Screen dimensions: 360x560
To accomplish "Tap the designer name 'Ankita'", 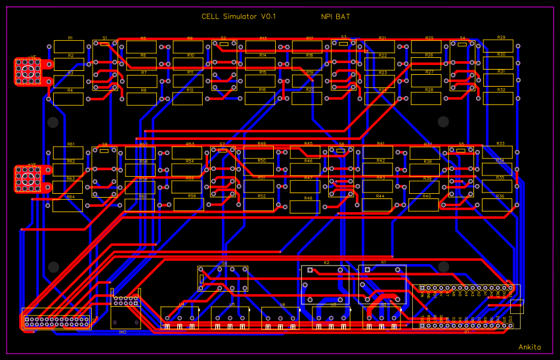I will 530,347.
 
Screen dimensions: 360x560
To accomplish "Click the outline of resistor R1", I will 70,47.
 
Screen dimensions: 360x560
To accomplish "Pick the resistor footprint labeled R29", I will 500,46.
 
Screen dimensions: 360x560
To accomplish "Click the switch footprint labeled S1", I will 105,66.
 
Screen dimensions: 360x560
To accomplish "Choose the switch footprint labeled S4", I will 462,66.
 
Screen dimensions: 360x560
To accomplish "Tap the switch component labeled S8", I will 104,172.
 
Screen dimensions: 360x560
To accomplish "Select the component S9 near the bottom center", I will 223,279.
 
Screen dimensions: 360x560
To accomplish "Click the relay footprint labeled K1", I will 383,284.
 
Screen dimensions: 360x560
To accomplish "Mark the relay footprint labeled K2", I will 326,284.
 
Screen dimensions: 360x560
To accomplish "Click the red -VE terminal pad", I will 28,72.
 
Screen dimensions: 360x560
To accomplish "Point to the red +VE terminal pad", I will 28,179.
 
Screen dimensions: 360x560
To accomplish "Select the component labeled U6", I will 280,317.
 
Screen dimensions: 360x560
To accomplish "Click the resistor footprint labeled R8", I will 142,99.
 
